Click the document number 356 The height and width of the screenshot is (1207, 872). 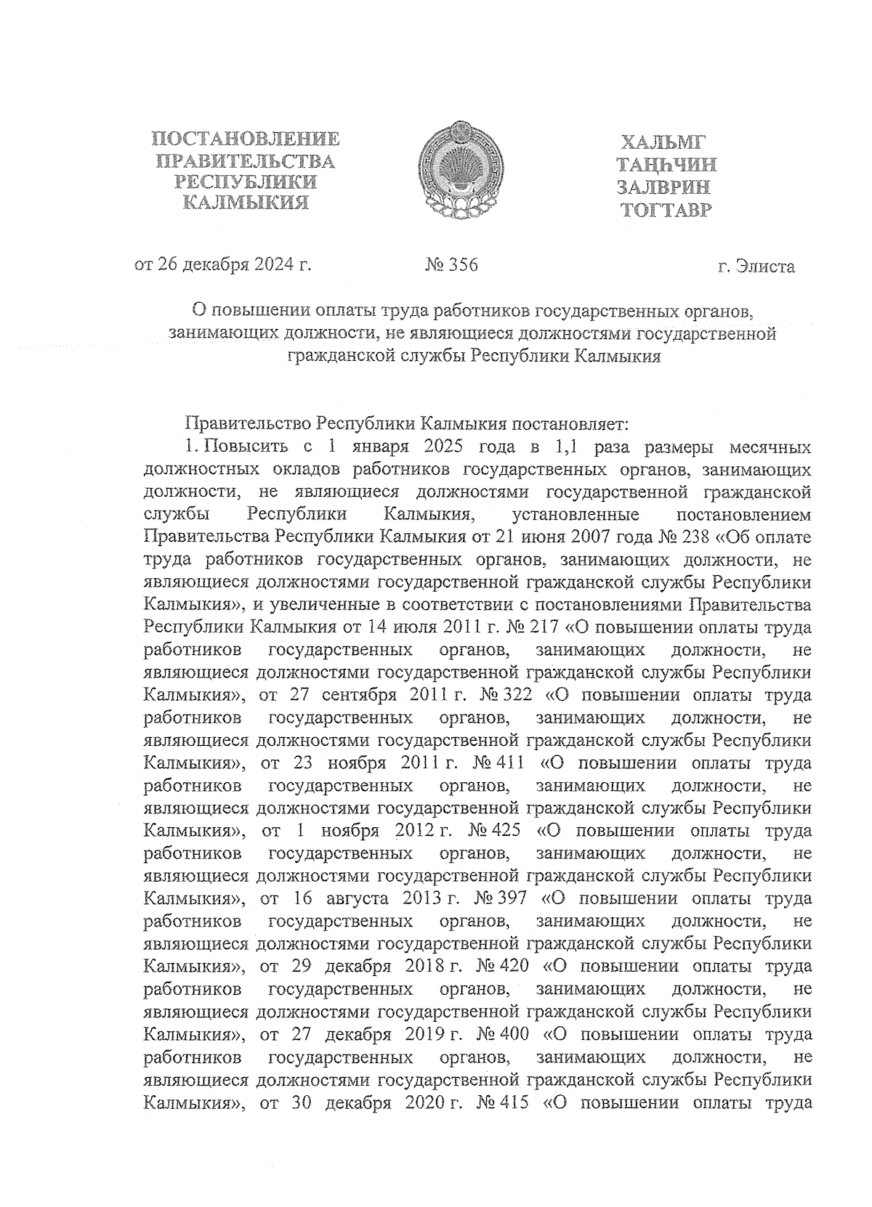click(463, 265)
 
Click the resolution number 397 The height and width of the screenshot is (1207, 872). click(513, 898)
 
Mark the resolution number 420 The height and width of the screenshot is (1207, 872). click(514, 966)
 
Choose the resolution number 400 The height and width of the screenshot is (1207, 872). click(514, 1034)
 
